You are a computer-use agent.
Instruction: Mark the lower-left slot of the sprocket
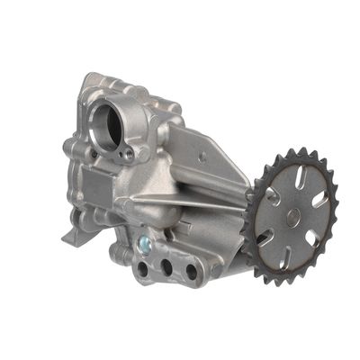[x=265, y=236]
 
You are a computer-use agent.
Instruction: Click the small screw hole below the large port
[x=126, y=154]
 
